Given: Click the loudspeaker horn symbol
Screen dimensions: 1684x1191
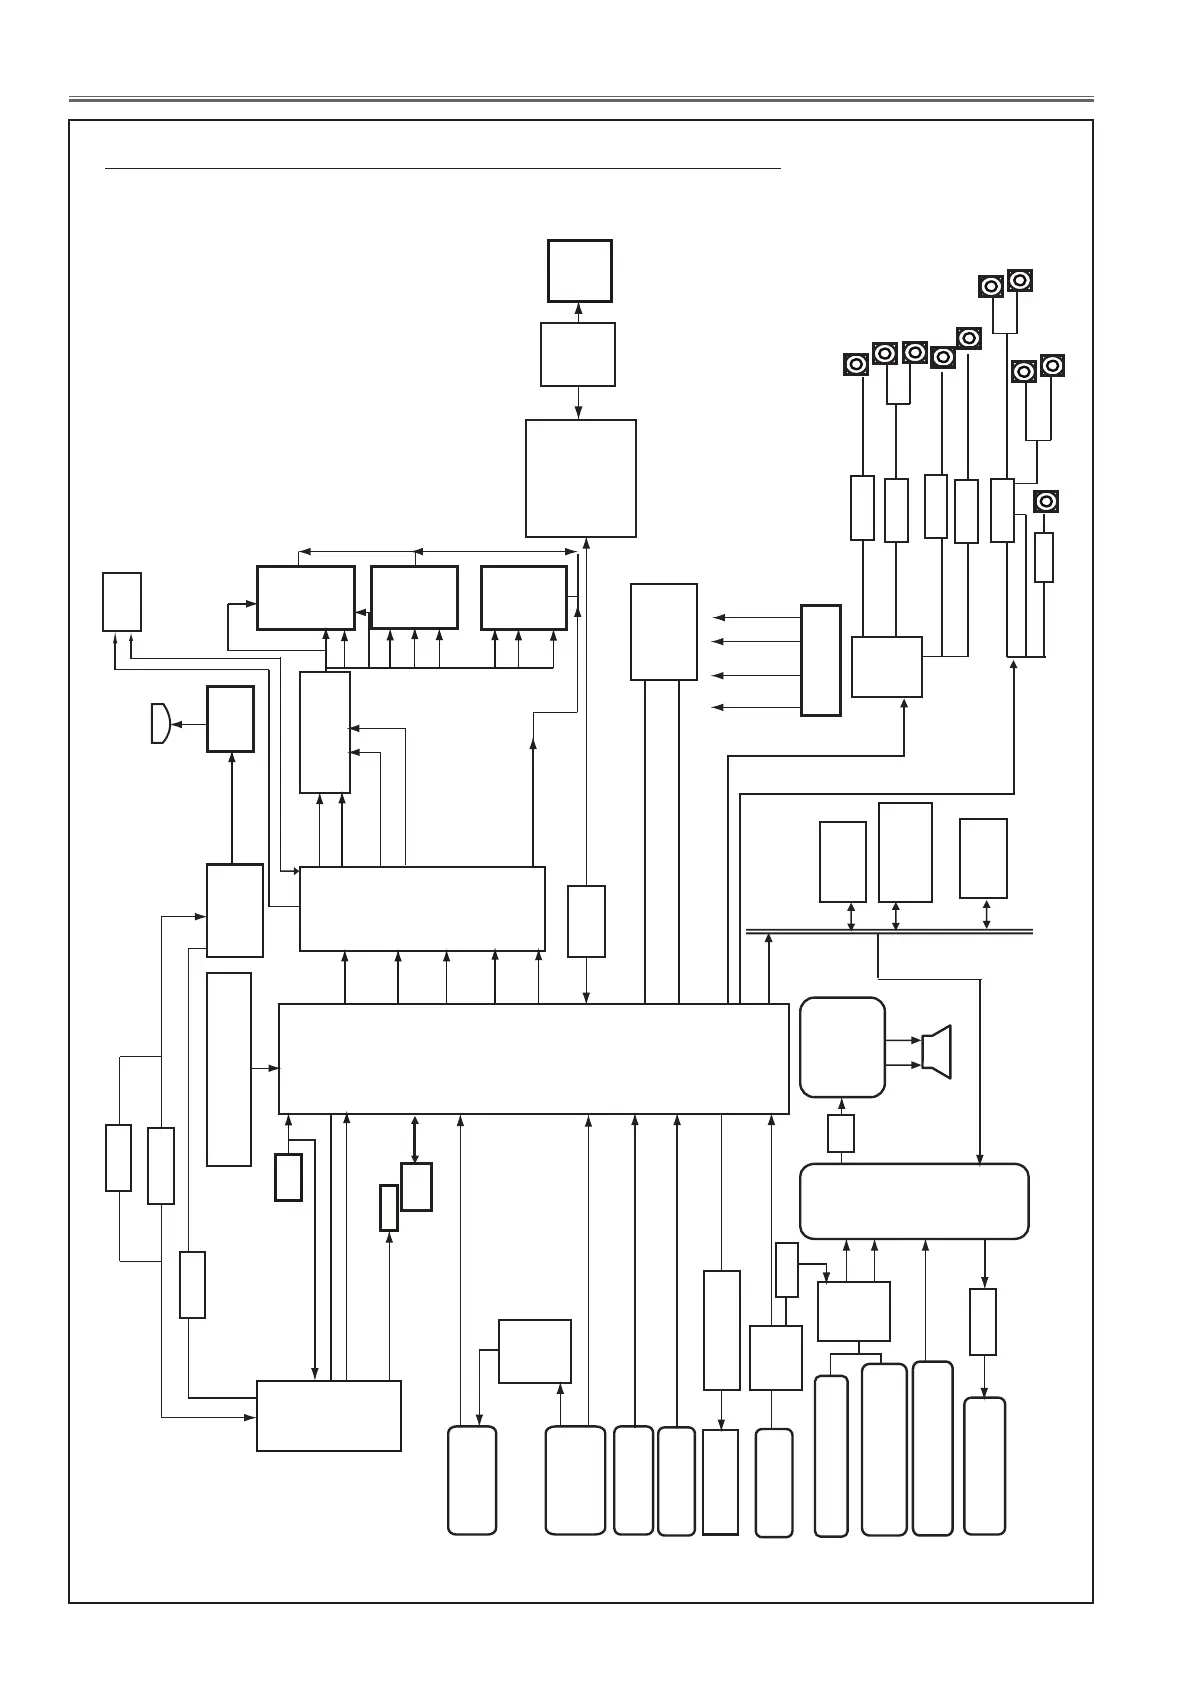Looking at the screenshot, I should (938, 1051).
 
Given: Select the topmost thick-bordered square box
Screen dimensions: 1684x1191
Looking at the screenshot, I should (580, 270).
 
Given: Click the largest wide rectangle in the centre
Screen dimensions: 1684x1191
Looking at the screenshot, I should (533, 1058).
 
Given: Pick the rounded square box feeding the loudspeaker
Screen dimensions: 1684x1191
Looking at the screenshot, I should (842, 1047).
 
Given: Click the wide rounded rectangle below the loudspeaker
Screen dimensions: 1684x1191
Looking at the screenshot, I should (914, 1201).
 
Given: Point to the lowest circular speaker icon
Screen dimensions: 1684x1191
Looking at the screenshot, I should (1046, 502).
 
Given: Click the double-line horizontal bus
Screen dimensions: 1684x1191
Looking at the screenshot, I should (890, 932).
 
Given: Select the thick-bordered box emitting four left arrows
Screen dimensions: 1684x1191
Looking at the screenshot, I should (821, 660).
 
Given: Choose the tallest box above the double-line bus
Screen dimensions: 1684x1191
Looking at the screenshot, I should (905, 852).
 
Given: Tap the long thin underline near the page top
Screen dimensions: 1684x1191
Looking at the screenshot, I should (442, 170).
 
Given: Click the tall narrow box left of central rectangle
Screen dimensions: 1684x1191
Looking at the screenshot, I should (229, 1068).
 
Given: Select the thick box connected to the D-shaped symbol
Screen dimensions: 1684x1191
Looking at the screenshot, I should (230, 718).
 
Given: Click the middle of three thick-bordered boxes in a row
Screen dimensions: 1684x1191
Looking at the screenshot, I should (414, 597).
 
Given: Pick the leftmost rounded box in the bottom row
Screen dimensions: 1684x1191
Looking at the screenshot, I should (472, 1480).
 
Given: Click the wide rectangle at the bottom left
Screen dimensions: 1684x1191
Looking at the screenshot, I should (329, 1415).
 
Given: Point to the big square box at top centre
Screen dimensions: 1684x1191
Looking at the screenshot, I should (581, 478).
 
